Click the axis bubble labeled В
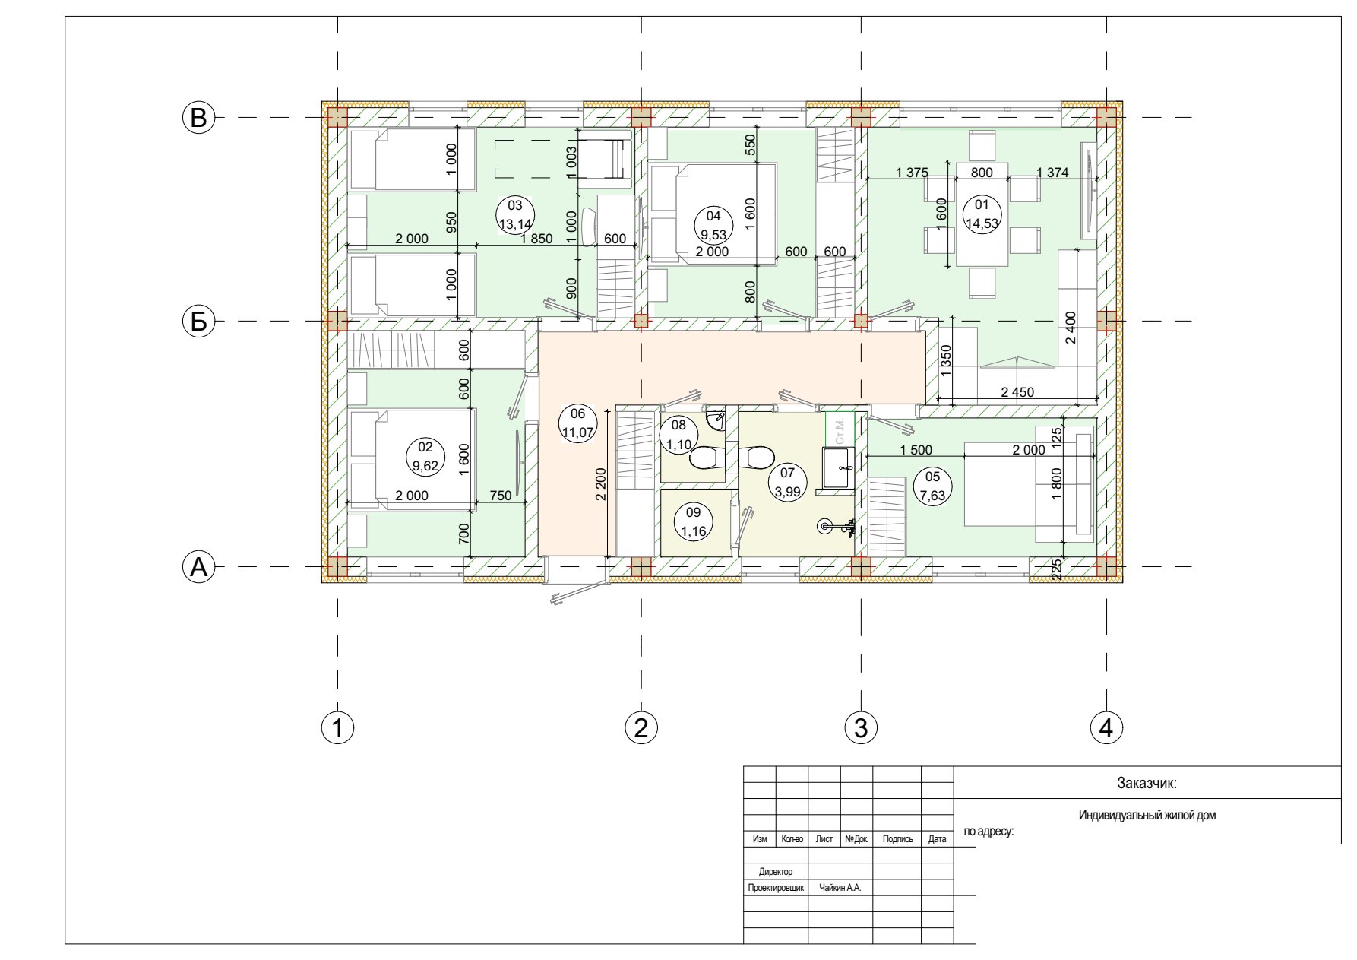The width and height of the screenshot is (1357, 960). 198,118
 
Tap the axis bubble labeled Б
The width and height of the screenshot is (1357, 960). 198,322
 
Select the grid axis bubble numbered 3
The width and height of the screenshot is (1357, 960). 861,727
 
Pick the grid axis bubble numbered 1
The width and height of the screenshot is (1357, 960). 337,727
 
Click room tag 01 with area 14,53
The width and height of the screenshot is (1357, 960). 982,214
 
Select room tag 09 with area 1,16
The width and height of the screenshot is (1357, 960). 693,521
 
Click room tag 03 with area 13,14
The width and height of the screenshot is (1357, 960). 515,214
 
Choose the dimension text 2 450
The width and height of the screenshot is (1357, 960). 1017,393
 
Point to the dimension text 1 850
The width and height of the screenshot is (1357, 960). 536,239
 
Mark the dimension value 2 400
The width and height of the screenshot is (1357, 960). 1071,328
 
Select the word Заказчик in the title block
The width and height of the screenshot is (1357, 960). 1147,783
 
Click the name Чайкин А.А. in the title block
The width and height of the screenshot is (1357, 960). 840,887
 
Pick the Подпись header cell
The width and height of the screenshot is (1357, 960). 897,839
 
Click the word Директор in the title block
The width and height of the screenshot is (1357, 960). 776,872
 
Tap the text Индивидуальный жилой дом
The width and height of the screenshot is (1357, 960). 1147,816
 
